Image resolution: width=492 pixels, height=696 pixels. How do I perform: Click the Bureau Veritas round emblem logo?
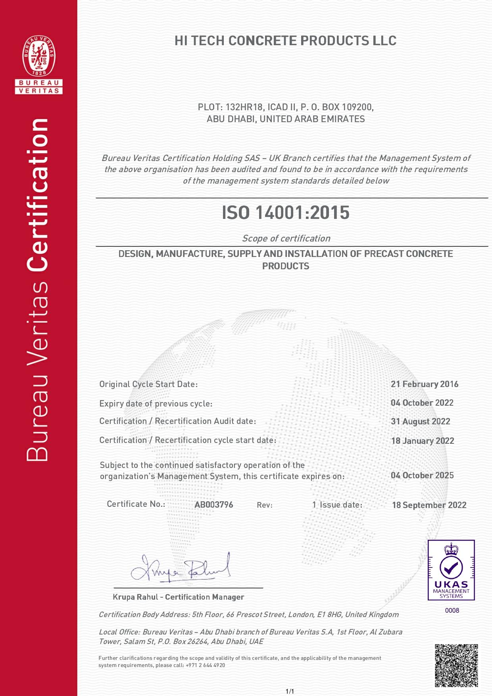coord(39,56)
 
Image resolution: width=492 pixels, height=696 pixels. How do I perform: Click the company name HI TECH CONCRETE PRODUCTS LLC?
coord(285,41)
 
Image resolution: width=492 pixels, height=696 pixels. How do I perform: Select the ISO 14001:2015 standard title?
coord(285,213)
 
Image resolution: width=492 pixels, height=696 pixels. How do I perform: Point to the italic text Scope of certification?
coord(286,238)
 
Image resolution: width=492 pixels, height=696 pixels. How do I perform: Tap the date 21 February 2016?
coord(425,384)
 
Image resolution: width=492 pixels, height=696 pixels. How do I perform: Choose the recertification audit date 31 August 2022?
coord(421,422)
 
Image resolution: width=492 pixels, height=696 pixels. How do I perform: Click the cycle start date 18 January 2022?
coord(423,441)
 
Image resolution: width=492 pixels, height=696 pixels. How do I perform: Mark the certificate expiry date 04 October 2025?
coord(422,475)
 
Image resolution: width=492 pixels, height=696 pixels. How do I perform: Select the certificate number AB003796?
coord(213,505)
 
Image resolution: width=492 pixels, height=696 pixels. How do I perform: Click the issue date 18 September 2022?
coord(429,505)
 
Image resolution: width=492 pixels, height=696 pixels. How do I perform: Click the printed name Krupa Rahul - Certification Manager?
coord(179,597)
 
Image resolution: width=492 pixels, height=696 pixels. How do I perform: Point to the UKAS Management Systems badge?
coord(451,570)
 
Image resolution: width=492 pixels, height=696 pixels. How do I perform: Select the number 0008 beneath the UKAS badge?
coord(452,610)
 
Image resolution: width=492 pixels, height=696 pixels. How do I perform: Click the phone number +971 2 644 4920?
coord(205,665)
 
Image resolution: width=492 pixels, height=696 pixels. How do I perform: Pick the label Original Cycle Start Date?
coord(148,384)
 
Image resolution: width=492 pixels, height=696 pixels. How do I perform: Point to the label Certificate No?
coord(136,504)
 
